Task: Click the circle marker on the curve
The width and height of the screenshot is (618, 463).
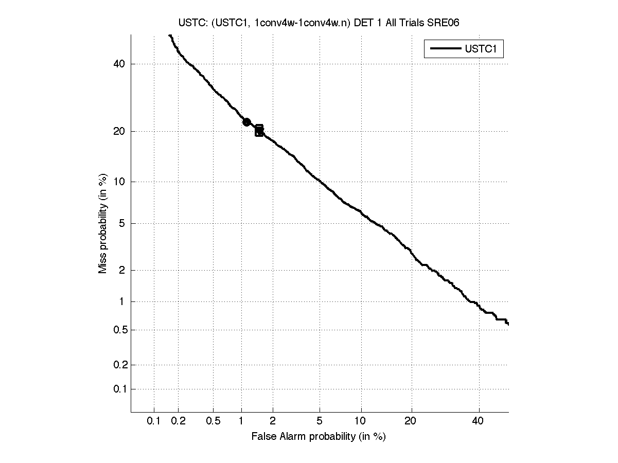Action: pyautogui.click(x=246, y=122)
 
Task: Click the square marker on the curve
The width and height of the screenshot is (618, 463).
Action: pyautogui.click(x=259, y=130)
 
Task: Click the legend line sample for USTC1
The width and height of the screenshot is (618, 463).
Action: pyautogui.click(x=445, y=49)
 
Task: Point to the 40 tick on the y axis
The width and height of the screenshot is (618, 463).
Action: pyautogui.click(x=120, y=64)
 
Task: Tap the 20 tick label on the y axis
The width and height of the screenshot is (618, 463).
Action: pyautogui.click(x=120, y=131)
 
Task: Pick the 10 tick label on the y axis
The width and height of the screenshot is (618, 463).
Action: pyautogui.click(x=120, y=182)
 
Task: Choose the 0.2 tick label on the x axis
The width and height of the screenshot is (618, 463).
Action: pyautogui.click(x=178, y=421)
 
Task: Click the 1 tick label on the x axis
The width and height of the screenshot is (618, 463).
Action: pyautogui.click(x=241, y=421)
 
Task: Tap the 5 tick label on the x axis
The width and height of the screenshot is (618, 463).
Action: pyautogui.click(x=320, y=421)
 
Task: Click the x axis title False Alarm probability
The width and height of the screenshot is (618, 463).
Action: pyautogui.click(x=319, y=437)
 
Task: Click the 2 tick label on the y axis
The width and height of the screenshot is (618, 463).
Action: pyautogui.click(x=122, y=270)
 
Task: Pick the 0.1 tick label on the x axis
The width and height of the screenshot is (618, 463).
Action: pyautogui.click(x=154, y=421)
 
